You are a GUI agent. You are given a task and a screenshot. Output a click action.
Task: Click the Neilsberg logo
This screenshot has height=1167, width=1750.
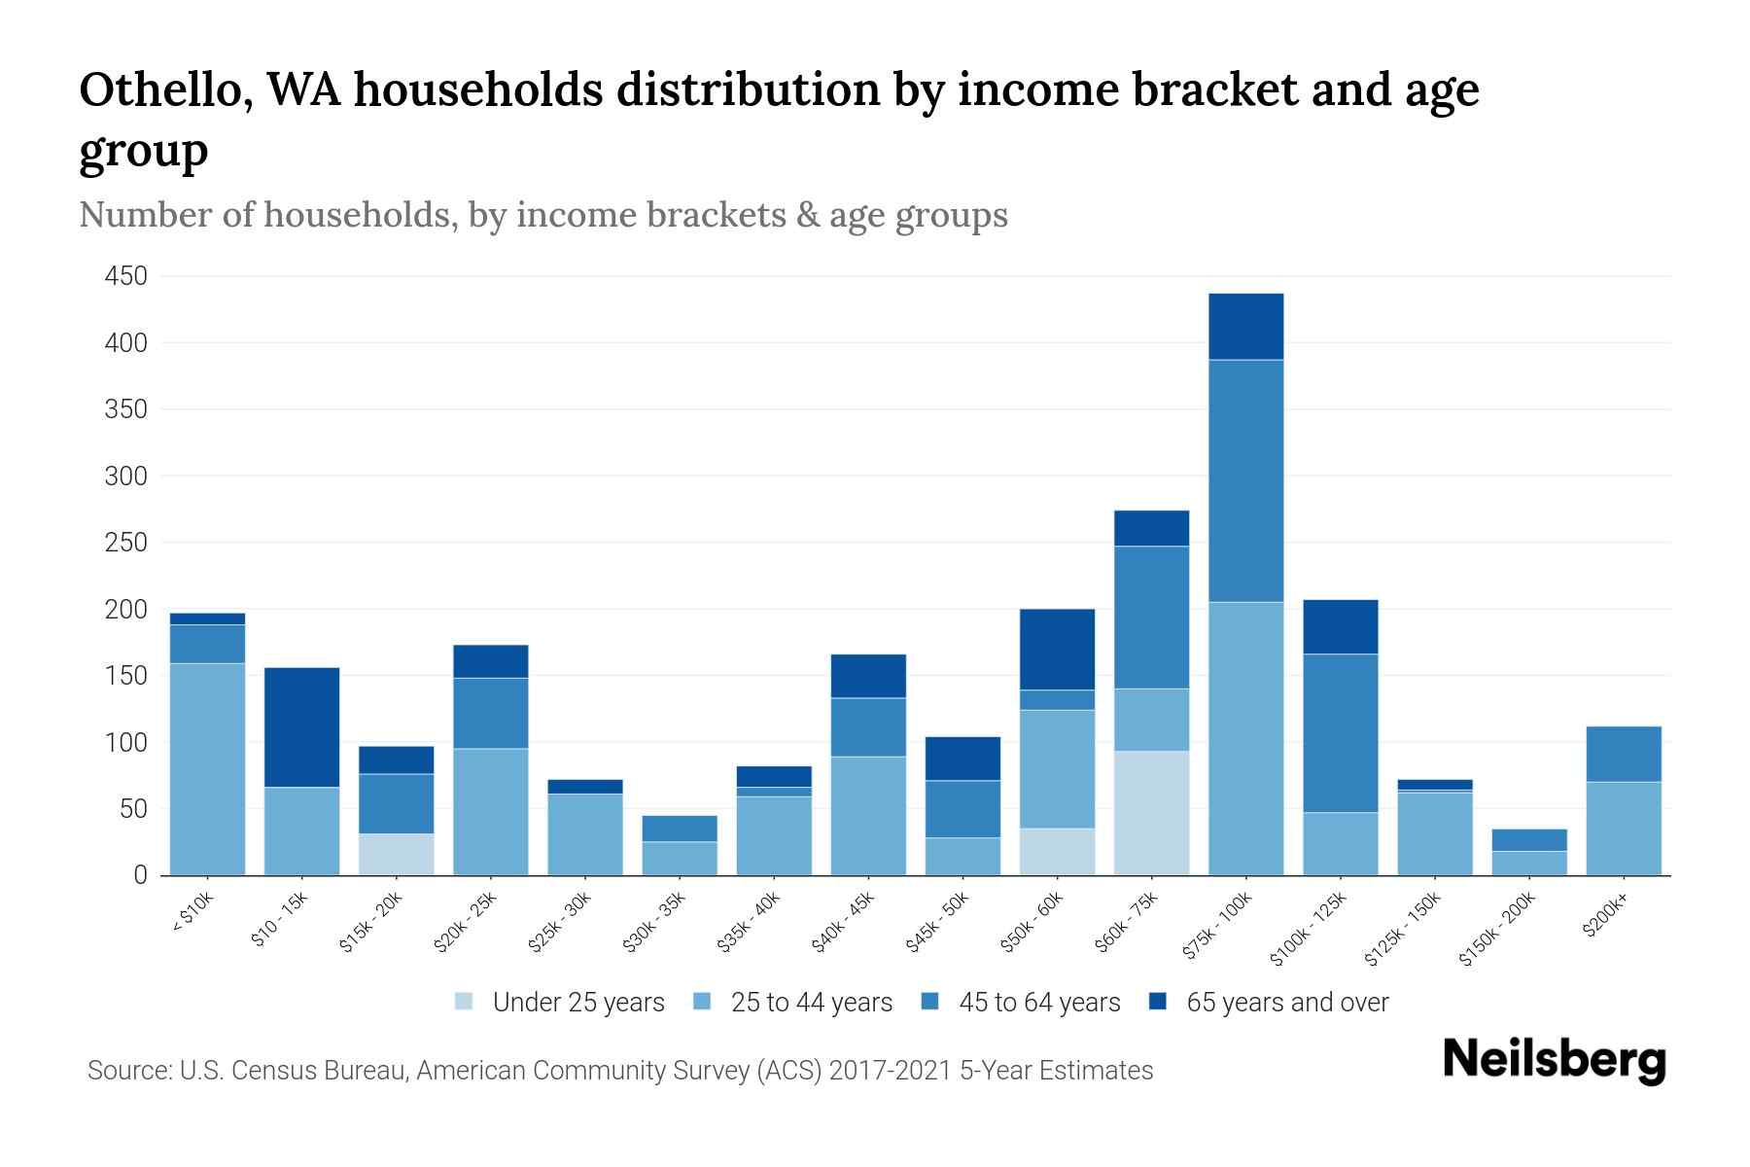1554,1060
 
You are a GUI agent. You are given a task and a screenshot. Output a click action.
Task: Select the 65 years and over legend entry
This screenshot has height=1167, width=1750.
1286,1003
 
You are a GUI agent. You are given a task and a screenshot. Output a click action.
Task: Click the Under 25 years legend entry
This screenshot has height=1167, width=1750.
577,1003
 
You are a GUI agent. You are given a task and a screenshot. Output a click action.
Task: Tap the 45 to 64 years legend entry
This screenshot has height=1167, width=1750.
1038,1003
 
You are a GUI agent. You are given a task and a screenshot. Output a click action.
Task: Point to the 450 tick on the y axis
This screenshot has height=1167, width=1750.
126,277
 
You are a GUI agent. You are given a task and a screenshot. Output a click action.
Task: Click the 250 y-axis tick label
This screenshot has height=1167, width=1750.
126,543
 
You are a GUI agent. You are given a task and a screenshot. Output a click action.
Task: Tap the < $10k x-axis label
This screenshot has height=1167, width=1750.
192,913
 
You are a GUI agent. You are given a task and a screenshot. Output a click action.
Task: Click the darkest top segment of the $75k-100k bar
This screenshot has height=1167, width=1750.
1245,327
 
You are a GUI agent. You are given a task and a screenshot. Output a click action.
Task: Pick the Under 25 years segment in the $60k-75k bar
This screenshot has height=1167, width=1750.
1151,813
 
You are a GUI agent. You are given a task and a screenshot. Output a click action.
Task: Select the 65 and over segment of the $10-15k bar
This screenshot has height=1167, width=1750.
301,727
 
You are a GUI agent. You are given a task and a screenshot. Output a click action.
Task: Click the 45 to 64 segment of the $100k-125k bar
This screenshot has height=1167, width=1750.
1340,733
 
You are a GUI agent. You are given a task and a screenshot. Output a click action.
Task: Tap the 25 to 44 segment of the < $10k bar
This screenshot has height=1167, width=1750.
207,768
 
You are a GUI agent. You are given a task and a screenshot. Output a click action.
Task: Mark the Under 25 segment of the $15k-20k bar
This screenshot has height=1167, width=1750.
396,854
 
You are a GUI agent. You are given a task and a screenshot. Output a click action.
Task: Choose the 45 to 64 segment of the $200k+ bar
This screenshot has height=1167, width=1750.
1623,754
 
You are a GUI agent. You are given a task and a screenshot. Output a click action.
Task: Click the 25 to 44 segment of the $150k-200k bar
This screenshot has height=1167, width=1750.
1528,863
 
